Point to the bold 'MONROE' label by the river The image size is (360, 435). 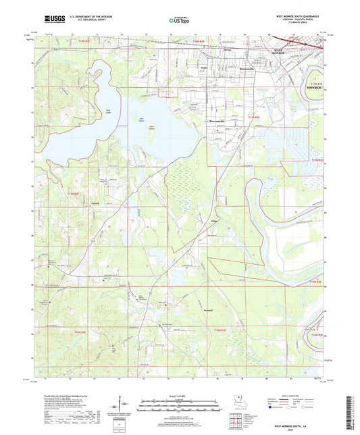[315, 88]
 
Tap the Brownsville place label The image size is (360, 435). [247, 69]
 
